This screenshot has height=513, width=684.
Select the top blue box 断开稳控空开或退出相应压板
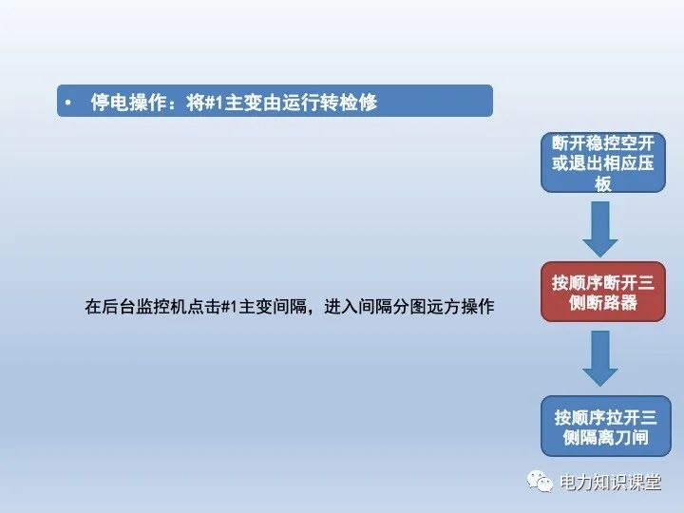603,162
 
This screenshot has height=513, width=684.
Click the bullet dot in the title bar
69,102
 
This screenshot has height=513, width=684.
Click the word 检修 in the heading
358,102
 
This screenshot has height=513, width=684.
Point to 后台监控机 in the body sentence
142,307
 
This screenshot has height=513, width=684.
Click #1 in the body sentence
228,307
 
